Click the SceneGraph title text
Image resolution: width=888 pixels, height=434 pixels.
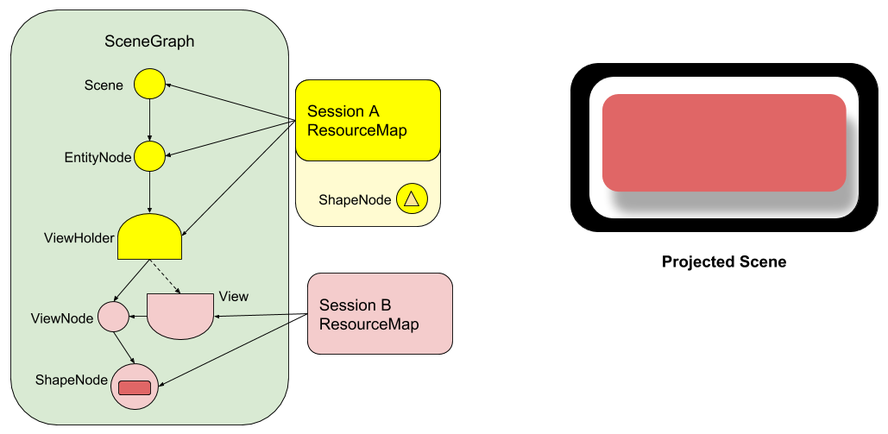pos(148,42)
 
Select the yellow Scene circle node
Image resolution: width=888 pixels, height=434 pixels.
pos(149,85)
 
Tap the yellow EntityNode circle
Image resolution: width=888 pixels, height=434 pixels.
pos(149,157)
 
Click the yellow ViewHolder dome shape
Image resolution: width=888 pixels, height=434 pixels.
pos(149,239)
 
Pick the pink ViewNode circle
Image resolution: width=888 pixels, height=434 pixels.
pos(113,317)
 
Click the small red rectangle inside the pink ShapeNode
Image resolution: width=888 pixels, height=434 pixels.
pos(135,388)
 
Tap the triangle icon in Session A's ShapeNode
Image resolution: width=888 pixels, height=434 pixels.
pos(412,199)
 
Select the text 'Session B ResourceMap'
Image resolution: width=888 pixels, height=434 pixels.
pos(368,315)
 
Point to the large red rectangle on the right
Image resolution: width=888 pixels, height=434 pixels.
pos(723,142)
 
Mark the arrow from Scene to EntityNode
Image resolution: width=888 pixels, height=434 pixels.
pos(149,120)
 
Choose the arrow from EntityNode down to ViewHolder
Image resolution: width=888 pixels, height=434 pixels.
pos(150,192)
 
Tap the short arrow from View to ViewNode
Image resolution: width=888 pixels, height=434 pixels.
pos(138,317)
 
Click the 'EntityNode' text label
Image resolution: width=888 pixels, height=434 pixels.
pos(98,158)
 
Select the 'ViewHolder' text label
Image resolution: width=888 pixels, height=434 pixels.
pos(79,238)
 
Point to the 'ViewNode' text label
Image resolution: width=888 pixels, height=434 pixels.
pos(62,318)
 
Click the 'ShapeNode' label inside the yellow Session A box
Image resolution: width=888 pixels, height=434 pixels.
pos(355,200)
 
